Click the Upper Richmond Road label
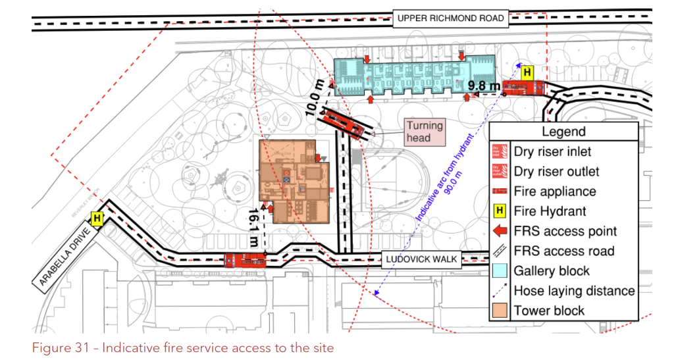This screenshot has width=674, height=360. point(451,18)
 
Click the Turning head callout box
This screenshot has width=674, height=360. point(425,132)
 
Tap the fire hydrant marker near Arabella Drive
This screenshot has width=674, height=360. point(97,218)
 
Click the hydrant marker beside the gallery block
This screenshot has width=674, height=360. point(527,73)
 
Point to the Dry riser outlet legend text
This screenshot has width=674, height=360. point(556,171)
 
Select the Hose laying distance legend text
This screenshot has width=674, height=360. point(574,290)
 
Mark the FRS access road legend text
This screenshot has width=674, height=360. point(564,251)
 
